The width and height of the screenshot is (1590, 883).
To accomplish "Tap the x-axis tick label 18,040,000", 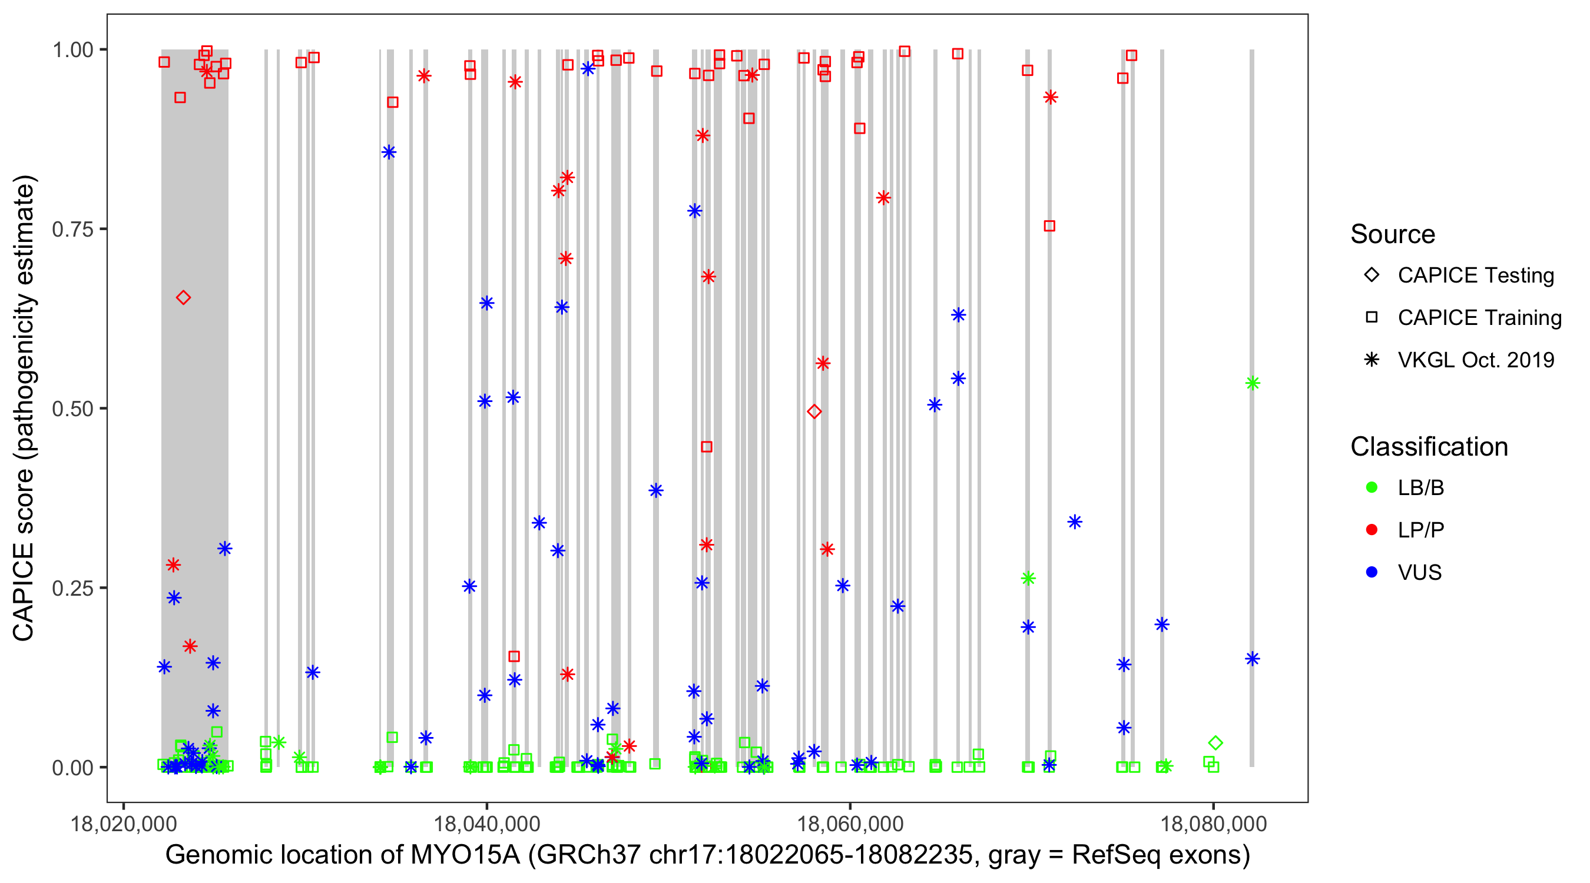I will (486, 824).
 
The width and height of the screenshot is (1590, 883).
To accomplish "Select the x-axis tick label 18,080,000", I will (1213, 824).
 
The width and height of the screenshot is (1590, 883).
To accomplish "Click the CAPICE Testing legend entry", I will (1475, 275).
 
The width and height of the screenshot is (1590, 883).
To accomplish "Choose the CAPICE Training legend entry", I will (1479, 318).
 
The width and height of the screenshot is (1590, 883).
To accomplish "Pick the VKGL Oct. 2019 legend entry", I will (1475, 360).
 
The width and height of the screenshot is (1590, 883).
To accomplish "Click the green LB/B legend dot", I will (1372, 488).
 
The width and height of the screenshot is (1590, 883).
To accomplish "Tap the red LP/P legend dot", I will (1372, 530).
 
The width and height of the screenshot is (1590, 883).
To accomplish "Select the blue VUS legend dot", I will (1372, 573).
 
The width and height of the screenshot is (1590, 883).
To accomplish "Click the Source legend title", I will (1393, 234).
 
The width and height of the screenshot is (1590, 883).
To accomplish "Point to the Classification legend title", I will (1429, 447).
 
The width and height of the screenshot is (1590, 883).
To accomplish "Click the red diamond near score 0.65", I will (183, 298).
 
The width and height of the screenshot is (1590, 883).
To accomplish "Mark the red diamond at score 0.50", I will (814, 411).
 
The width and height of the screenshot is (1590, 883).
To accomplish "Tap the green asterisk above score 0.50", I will (1253, 384).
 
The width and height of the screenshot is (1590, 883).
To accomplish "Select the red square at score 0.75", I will (1049, 227).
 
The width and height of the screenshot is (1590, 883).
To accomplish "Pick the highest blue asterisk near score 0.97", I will (588, 69).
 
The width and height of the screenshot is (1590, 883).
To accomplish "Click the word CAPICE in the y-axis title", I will (24, 592).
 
